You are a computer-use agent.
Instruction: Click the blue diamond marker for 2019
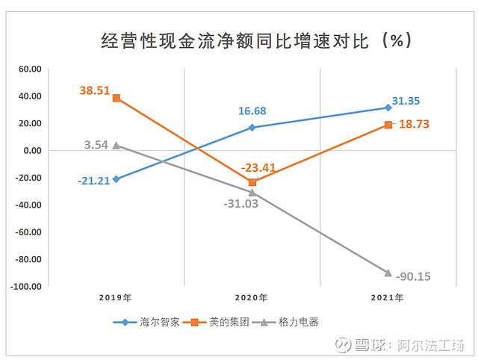116,179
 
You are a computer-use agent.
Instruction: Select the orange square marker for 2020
252,182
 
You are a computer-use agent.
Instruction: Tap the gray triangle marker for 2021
388,273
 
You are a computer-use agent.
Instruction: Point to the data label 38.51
95,90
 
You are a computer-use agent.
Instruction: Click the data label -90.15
413,276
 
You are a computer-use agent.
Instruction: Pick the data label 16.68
252,111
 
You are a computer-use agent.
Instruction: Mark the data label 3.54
97,144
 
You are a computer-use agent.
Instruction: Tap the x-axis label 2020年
252,298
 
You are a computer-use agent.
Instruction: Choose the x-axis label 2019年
116,298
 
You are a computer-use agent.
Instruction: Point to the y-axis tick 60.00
30,69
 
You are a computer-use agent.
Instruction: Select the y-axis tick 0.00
31,151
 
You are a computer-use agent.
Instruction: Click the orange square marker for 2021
388,125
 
